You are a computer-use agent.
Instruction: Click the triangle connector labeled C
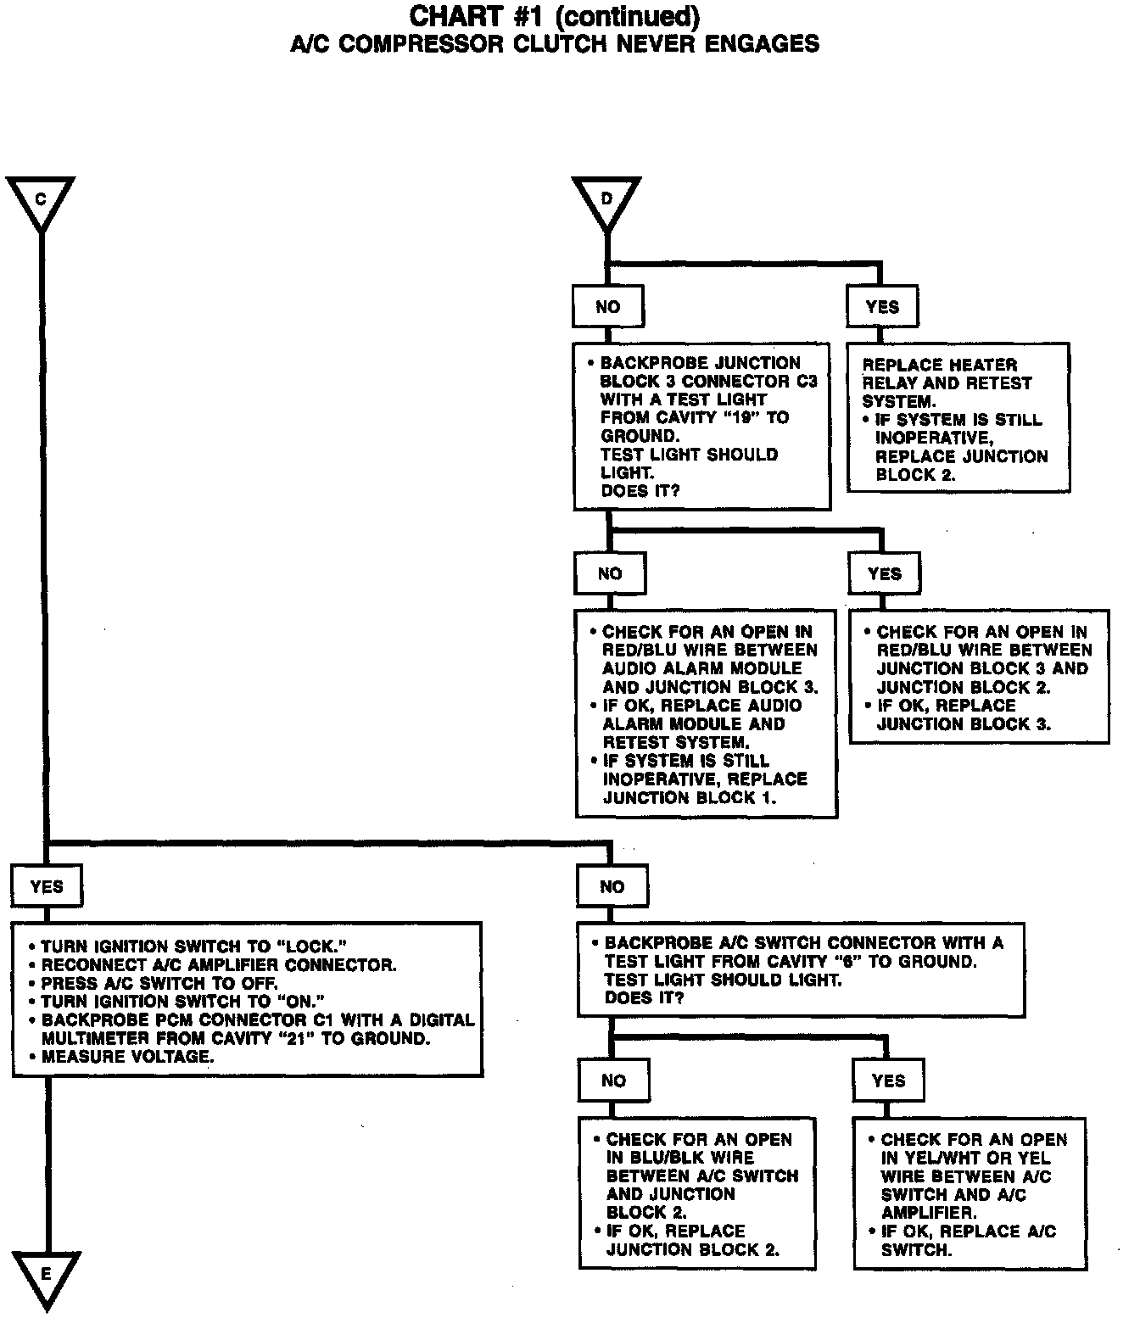point(40,201)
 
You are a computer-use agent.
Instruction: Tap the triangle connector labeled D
point(606,201)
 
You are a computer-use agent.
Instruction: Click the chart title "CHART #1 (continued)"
point(555,16)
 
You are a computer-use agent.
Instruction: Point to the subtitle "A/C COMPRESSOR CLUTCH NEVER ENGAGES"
point(555,44)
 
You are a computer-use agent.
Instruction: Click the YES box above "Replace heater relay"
point(882,306)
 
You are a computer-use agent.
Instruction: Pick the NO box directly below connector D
point(607,306)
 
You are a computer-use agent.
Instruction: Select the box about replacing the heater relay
point(958,418)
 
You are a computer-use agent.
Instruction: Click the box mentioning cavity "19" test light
point(701,426)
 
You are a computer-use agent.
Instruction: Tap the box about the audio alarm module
point(706,713)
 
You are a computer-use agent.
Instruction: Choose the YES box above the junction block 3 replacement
point(884,573)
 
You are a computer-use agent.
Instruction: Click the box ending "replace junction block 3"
point(979,677)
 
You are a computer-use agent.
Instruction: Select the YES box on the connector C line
point(47,886)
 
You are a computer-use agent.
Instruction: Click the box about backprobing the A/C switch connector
point(801,969)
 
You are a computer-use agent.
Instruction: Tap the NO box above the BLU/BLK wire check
point(613,1080)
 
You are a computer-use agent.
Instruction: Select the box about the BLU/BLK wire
point(696,1193)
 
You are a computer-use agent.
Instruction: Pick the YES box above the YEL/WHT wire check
point(888,1080)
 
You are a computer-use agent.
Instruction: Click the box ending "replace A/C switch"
point(970,1193)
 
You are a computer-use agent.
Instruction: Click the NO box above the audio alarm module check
point(609,573)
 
